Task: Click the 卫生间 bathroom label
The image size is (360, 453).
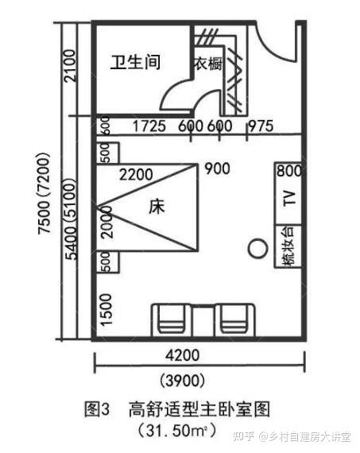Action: (x=135, y=61)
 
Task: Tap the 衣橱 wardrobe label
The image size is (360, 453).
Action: (x=208, y=64)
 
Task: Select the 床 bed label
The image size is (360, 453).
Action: (x=157, y=207)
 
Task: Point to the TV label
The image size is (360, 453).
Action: (x=289, y=198)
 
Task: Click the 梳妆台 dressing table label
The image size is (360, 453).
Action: (x=288, y=246)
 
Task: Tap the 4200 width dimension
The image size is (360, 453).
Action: (x=182, y=354)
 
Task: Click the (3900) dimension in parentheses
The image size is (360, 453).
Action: (x=183, y=380)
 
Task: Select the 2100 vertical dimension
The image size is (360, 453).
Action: (x=70, y=66)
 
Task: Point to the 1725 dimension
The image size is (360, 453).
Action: (x=149, y=126)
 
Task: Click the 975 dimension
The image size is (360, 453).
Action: (x=261, y=126)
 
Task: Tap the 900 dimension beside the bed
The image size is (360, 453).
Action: (x=217, y=168)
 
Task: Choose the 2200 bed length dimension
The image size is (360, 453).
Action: (x=136, y=175)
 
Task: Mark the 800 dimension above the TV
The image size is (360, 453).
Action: (x=289, y=170)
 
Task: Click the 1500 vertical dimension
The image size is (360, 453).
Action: (x=106, y=310)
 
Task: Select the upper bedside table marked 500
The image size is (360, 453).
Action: (x=107, y=153)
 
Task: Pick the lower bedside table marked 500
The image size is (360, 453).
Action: (x=107, y=261)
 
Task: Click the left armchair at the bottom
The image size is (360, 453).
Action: (x=171, y=320)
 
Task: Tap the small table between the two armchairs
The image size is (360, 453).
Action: (x=203, y=322)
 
